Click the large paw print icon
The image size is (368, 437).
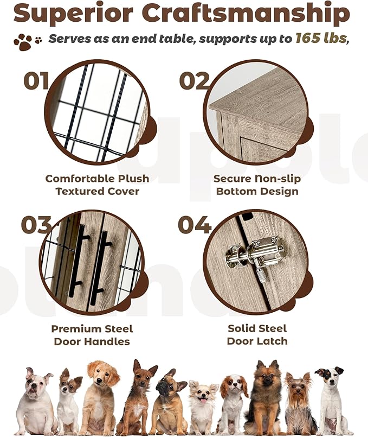click(23, 42)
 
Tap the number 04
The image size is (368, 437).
click(194, 224)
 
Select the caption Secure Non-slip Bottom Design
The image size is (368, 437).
click(257, 185)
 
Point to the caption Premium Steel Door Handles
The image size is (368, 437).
click(92, 335)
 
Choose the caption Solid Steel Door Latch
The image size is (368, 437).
click(257, 335)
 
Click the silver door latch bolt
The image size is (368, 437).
click(255, 252)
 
